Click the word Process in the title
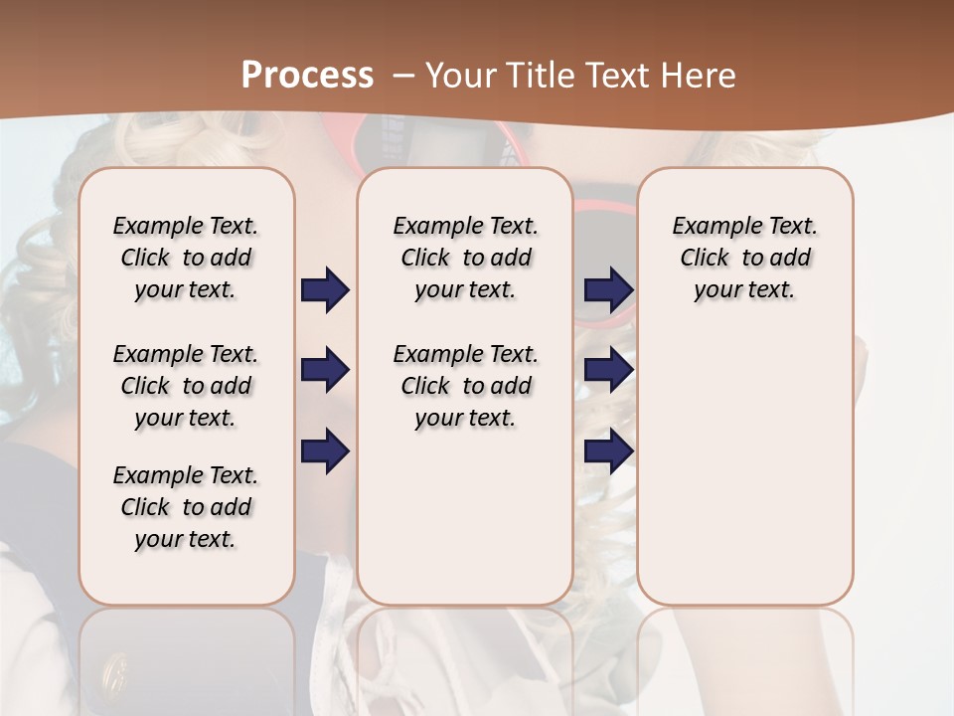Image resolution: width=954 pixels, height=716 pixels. (307, 76)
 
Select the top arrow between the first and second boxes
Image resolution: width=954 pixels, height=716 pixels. (325, 290)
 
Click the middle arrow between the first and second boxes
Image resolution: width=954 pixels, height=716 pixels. (325, 371)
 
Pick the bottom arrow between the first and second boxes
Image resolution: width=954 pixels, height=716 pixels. (325, 451)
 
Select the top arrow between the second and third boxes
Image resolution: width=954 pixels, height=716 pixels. (608, 290)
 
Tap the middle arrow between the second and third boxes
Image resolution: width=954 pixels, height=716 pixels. (608, 371)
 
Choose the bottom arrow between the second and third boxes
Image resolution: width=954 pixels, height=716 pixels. (608, 451)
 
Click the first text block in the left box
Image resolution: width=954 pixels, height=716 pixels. (186, 258)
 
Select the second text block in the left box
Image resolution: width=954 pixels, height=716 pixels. (186, 386)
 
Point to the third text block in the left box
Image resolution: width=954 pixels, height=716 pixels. (186, 507)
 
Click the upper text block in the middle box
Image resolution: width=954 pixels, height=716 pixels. (466, 258)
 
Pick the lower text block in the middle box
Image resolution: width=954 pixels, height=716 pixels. (466, 386)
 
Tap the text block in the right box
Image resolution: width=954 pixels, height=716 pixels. (745, 258)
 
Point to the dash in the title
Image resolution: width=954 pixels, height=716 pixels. (404, 76)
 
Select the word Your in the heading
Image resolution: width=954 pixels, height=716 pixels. (460, 76)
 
